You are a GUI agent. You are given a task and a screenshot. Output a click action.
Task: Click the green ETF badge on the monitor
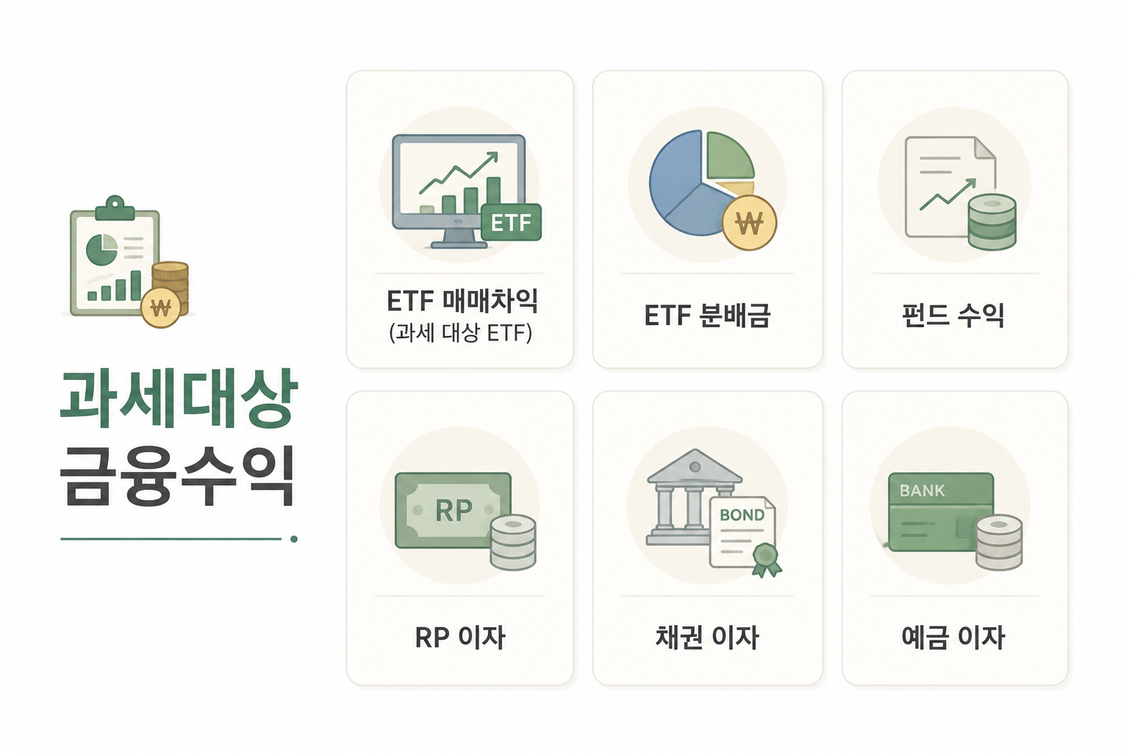coord(511,222)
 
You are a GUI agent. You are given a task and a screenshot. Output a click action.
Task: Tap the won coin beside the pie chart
coord(749,223)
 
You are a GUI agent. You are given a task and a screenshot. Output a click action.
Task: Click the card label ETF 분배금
coord(707,315)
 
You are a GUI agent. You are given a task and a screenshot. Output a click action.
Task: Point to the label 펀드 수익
coord(953,315)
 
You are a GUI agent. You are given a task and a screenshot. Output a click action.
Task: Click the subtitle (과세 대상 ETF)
coord(461,333)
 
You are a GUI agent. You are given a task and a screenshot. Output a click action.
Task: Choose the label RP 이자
coord(459,637)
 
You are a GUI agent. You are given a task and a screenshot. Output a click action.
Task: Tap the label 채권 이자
coord(707,637)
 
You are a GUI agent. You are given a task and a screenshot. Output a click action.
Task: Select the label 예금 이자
coord(953,637)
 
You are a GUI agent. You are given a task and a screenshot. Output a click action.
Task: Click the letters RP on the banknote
coord(454,510)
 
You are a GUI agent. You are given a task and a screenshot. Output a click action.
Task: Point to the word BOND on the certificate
coord(742,515)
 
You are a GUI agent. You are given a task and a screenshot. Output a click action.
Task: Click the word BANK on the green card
coord(922,490)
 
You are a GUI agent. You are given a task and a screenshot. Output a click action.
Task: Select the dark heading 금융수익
coord(177,476)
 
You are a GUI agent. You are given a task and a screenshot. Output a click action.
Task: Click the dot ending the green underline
coord(294,539)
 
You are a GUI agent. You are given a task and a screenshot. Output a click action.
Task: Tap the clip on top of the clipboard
coord(115,208)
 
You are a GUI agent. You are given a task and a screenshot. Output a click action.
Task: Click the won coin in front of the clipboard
coord(160,307)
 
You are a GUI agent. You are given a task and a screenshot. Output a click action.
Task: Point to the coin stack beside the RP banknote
coord(513,542)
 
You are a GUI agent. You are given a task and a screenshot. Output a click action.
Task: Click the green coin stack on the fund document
coord(992,222)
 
